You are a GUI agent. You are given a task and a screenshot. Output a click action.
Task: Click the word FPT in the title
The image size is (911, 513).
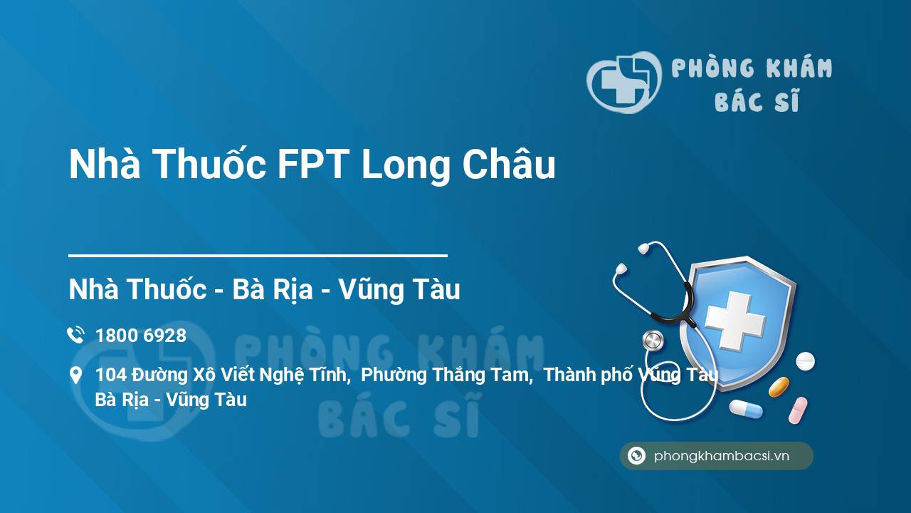pyautogui.click(x=312, y=164)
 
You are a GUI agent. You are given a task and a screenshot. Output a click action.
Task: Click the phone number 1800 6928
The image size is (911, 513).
pyautogui.click(x=141, y=336)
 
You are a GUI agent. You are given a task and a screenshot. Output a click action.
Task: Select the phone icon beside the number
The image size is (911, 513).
pyautogui.click(x=76, y=335)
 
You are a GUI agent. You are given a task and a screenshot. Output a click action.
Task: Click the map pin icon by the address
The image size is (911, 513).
pyautogui.click(x=75, y=375)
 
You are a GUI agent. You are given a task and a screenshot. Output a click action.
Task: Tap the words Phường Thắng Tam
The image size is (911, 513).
pyautogui.click(x=446, y=375)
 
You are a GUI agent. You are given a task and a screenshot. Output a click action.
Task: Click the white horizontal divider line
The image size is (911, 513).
pyautogui.click(x=258, y=256)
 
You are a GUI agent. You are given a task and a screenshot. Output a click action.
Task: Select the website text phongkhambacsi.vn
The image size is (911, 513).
pyautogui.click(x=722, y=456)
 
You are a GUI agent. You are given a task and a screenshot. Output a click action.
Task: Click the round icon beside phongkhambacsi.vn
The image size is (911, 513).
pyautogui.click(x=636, y=455)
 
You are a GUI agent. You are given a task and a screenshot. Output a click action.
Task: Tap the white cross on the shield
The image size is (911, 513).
pyautogui.click(x=735, y=321)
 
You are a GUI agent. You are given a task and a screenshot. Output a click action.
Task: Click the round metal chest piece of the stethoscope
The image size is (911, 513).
pyautogui.click(x=653, y=341)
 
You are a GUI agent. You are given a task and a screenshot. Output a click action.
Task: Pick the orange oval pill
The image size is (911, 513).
pyautogui.click(x=779, y=387)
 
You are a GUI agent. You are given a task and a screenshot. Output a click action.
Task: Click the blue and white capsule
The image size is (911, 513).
pyautogui.click(x=746, y=409)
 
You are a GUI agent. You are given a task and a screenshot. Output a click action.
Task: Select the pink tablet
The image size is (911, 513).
pyautogui.click(x=798, y=410)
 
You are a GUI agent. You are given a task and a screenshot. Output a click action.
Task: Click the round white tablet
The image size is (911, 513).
pyautogui.click(x=805, y=361)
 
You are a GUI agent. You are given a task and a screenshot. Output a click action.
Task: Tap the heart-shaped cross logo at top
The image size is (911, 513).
pyautogui.click(x=624, y=82)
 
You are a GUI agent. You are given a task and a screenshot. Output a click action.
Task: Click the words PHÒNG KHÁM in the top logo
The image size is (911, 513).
pyautogui.click(x=752, y=68)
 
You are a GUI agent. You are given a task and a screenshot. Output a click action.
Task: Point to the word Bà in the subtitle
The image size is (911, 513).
pyautogui.click(x=248, y=289)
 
